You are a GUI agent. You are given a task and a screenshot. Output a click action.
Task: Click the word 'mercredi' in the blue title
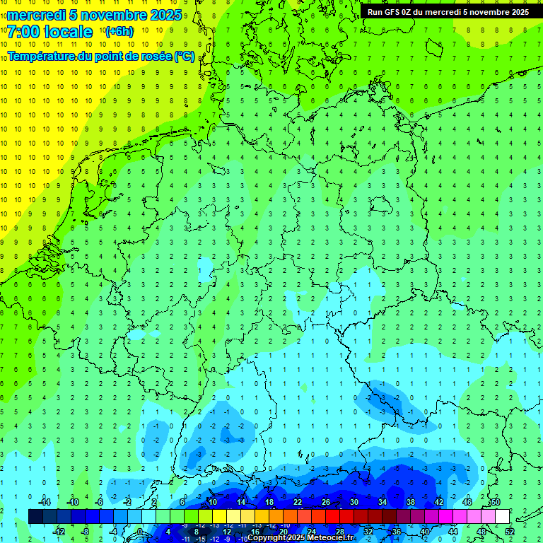[37, 15]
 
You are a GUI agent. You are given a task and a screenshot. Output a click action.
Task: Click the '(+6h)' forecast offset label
[119, 32]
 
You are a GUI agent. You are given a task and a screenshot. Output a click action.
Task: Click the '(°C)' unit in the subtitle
[185, 56]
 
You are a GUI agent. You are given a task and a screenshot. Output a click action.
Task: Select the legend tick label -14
[44, 502]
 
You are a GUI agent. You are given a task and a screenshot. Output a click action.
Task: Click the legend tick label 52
[510, 532]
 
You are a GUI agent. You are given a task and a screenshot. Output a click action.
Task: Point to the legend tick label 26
[326, 502]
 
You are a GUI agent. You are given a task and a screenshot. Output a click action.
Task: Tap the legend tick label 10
[212, 502]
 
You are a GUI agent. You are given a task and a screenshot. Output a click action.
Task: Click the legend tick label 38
[411, 502]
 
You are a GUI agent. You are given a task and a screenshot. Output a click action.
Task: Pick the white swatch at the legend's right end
[502, 516]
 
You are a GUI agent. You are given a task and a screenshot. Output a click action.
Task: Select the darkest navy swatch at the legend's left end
[35, 516]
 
